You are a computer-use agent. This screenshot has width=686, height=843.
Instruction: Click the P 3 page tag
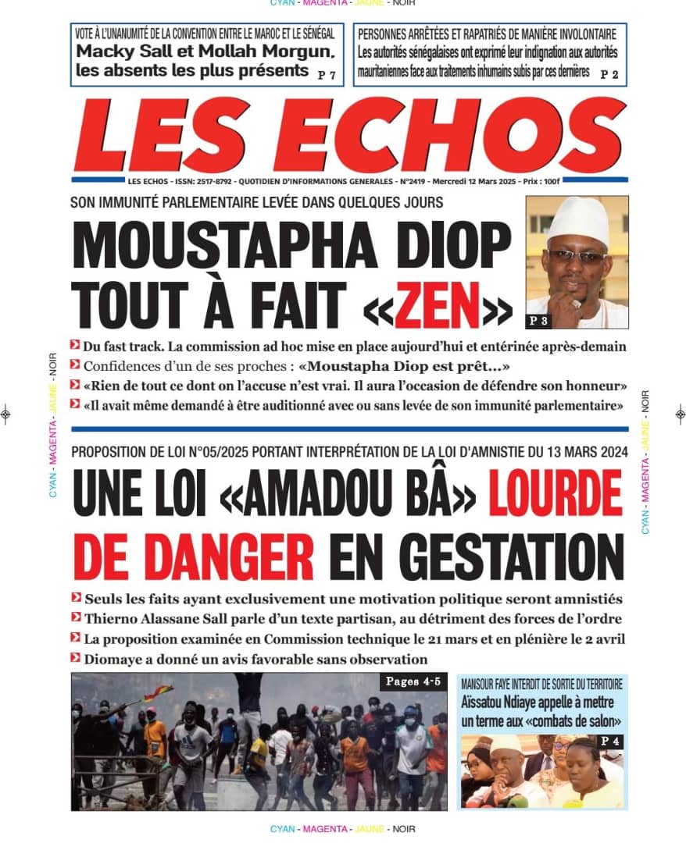point(539,320)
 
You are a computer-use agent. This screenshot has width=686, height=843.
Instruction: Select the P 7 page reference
point(327,75)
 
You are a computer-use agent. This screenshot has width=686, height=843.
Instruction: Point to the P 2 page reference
point(610,75)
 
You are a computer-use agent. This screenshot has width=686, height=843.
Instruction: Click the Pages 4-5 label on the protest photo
point(413,682)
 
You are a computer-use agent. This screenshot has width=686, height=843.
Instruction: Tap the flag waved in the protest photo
point(159,692)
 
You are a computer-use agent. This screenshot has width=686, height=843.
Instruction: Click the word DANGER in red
point(194,556)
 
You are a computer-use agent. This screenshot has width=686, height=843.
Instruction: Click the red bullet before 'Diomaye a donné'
point(75,658)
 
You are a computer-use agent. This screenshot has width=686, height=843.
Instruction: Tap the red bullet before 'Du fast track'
point(75,344)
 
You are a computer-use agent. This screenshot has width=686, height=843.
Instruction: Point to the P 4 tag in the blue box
point(609,741)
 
